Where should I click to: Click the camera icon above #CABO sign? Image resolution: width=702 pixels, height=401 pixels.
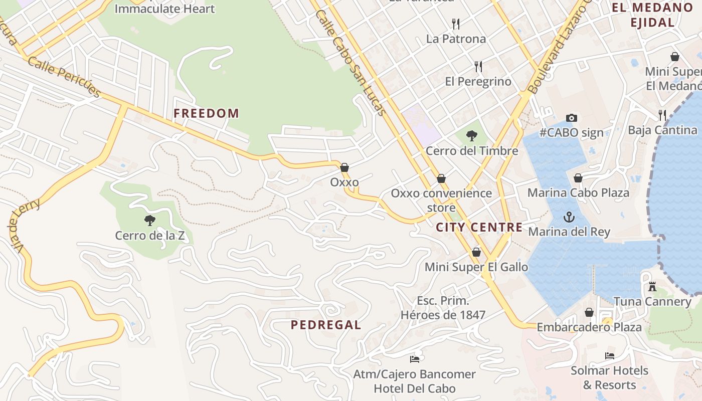(571, 118)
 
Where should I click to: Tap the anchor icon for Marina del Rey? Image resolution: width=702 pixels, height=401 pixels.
(569, 217)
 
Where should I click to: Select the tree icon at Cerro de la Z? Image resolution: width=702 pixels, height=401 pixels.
(149, 220)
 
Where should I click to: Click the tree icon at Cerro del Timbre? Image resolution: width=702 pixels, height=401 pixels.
(471, 135)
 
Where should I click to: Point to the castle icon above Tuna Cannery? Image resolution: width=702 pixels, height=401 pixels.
(652, 287)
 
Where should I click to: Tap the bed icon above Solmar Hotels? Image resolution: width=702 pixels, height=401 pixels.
(610, 356)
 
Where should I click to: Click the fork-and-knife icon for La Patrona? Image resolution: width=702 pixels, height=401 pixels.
(456, 24)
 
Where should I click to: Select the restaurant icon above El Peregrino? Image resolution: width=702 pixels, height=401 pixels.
(478, 66)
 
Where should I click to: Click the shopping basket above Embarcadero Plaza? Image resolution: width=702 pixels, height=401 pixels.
(589, 312)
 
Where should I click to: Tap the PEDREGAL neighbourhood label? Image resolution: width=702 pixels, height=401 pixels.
(326, 325)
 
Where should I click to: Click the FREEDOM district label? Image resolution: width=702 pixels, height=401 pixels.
(206, 113)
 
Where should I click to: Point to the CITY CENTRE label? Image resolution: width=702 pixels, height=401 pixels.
(479, 227)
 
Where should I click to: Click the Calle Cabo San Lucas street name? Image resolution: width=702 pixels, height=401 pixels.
(352, 63)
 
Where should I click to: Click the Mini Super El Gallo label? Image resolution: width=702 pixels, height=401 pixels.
(476, 267)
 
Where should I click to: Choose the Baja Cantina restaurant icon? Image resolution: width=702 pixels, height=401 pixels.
(662, 115)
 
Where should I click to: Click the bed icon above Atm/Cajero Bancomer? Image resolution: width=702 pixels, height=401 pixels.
(414, 359)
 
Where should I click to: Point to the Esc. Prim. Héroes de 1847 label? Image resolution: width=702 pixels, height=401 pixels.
(443, 308)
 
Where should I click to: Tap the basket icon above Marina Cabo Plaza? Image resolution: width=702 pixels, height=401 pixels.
(578, 178)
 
